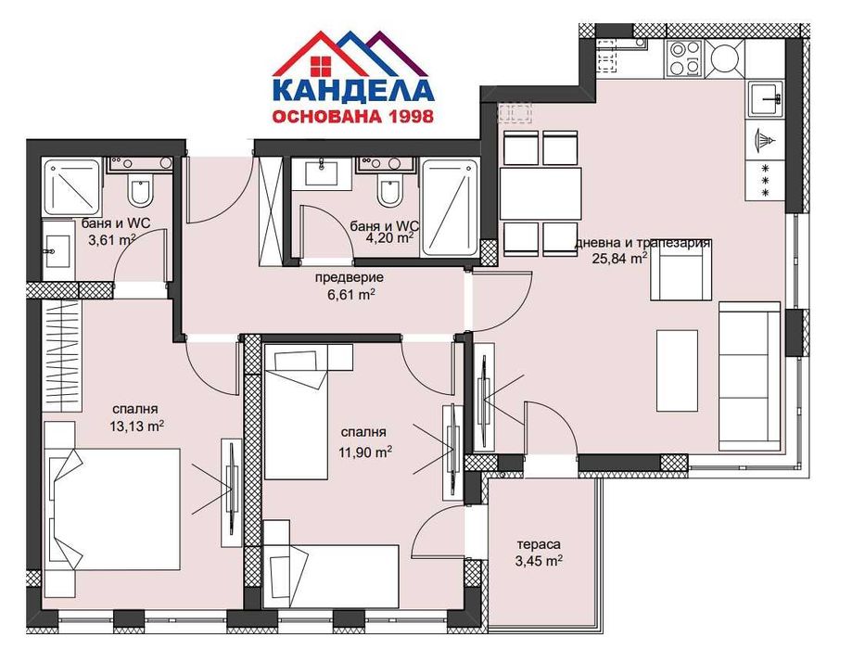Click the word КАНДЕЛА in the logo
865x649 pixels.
(x=352, y=91)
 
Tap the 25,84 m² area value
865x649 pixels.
(x=620, y=259)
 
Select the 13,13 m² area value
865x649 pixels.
(x=136, y=426)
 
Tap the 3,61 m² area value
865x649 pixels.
(x=112, y=238)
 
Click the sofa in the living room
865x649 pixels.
(x=749, y=375)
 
